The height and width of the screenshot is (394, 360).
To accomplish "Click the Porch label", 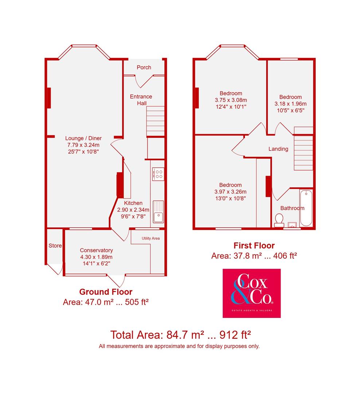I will [144, 67].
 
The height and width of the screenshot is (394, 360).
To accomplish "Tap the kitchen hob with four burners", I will [159, 173].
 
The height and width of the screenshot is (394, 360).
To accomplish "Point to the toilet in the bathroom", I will [279, 220].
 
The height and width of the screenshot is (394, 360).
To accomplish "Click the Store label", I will [55, 246].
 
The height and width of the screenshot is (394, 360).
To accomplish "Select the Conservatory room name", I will [96, 250].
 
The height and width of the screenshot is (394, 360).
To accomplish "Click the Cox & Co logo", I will [251, 293].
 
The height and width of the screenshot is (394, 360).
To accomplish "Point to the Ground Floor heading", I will [106, 292].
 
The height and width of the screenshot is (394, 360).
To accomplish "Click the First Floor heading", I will [254, 246].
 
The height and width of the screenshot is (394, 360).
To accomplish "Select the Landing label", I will [278, 149].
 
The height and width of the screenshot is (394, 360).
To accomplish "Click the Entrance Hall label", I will [141, 100].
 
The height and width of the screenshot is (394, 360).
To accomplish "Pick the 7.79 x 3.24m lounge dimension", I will [83, 145].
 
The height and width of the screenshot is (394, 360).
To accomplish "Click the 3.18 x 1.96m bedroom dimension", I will [290, 104].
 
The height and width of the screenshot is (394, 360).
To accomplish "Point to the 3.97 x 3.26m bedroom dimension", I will [230, 192].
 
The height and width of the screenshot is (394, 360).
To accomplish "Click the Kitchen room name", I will [133, 203].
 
